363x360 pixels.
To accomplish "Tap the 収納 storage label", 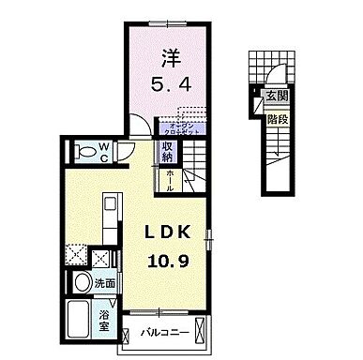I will point(166,150).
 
